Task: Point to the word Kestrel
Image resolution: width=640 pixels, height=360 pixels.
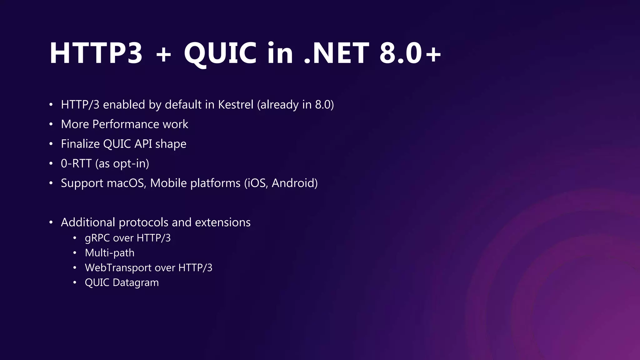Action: [x=236, y=104]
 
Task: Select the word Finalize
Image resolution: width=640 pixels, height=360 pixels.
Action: [x=80, y=144]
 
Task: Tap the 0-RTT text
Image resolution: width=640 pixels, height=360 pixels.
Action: [x=76, y=163]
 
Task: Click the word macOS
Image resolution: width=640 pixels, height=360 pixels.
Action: [x=127, y=183]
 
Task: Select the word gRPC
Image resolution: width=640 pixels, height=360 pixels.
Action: [x=97, y=238]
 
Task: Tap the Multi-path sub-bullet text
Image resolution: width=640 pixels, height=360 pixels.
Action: [x=109, y=253]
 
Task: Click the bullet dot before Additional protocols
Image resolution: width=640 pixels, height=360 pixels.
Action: [x=51, y=222]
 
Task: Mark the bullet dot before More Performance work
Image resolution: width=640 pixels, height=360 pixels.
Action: [x=51, y=124]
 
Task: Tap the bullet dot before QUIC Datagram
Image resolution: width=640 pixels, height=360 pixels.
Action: [x=75, y=283]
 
